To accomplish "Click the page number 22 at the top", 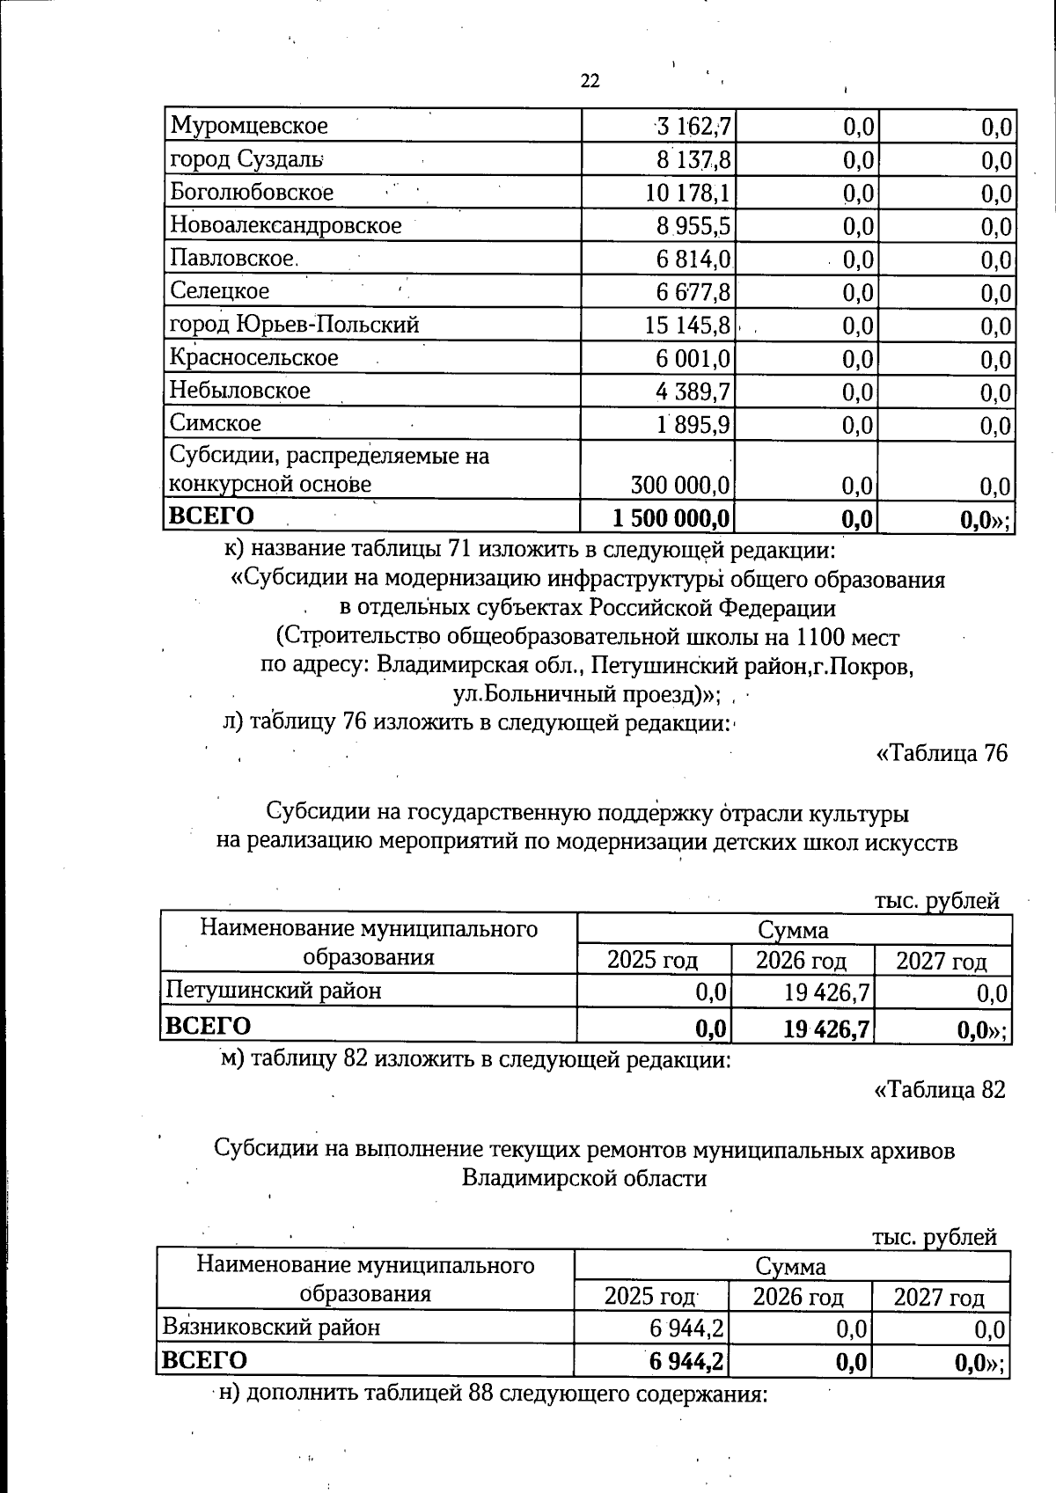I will [590, 81].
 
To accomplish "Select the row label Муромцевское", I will [248, 126].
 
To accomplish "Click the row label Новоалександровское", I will [285, 225].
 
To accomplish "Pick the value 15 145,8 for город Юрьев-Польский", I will [688, 326].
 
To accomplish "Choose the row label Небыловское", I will [239, 391].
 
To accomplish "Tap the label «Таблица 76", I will [941, 754].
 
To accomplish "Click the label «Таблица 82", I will [939, 1090].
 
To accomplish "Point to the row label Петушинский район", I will [274, 992].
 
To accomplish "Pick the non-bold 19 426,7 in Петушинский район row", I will [826, 993].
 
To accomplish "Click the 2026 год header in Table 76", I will [801, 960].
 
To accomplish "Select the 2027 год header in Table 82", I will [939, 1297].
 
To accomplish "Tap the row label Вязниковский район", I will [272, 1328].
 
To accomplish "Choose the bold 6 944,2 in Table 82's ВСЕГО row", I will [686, 1361].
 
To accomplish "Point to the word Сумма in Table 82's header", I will [790, 1267].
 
